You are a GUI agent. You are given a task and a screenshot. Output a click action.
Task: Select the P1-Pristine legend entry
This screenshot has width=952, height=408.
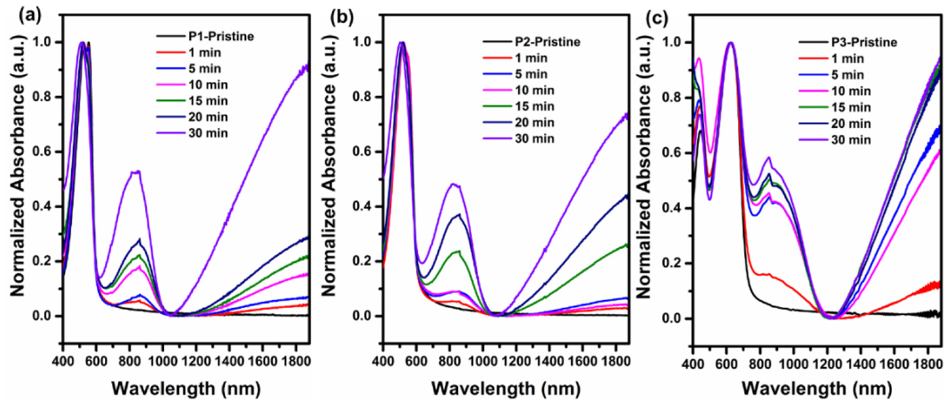221,37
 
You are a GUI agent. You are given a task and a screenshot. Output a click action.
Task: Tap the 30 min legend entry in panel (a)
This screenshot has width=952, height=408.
208,133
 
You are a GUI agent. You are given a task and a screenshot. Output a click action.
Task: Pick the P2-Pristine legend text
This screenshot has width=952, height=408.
548,42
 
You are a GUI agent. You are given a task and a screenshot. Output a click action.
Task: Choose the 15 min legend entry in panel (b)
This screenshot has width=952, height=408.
534,107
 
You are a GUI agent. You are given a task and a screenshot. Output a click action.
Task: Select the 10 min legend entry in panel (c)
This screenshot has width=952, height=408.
851,91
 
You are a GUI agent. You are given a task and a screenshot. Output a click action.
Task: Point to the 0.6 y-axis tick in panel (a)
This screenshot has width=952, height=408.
42,152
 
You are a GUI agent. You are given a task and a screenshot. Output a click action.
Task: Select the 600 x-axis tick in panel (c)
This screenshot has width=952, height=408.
727,364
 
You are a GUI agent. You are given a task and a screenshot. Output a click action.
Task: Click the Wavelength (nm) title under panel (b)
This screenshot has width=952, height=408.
506,388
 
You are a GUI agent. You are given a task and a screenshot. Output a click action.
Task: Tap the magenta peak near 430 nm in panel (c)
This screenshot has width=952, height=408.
699,58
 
